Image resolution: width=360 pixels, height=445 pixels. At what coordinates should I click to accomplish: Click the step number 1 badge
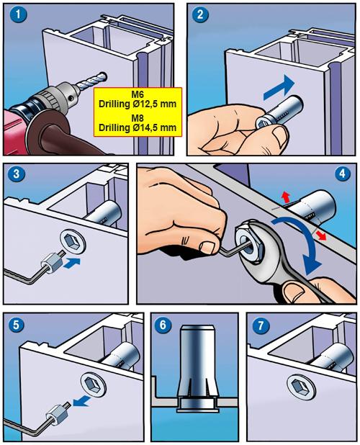pos(18,14)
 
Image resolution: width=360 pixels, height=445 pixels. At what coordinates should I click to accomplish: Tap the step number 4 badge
pos(343,174)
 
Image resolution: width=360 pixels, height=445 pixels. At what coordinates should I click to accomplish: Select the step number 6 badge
pos(163,325)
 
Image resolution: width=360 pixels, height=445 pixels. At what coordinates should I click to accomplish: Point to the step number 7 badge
pos(260,325)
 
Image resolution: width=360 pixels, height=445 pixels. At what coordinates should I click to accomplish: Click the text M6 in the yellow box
pos(138,94)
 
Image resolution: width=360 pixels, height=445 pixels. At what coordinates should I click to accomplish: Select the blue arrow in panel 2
pos(279,88)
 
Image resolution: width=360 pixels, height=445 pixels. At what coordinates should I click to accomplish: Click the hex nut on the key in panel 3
pos(51,264)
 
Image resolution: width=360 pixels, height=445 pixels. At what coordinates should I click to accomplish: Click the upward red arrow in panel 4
pos(286,197)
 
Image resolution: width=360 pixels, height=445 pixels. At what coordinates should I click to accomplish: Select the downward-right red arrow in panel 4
pos(320,235)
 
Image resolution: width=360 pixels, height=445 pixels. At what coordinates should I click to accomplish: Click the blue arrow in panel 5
pos(82,401)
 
